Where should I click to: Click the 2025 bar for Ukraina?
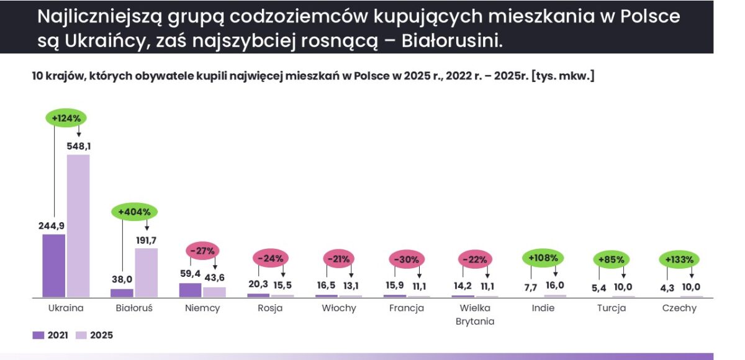pos(78,226)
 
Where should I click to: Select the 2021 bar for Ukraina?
pos(54,266)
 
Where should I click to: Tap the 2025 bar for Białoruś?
pos(147,272)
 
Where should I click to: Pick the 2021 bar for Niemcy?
pos(190,290)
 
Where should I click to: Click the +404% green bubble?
pos(134,212)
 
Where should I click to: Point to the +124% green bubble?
pos(66,118)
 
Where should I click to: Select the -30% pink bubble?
pos(407,259)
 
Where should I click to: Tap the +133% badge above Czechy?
pos(679,259)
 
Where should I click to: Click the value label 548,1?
pos(78,146)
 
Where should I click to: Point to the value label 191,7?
pos(146,240)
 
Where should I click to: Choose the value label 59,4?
pos(190,274)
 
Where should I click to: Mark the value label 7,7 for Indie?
pos(531,287)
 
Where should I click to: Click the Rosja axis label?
pos(270,308)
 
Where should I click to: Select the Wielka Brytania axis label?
pos(475,315)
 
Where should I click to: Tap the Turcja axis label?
pos(612,308)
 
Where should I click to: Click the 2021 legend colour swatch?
pos(38,335)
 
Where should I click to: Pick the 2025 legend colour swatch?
pos(81,335)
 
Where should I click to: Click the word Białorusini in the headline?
pos(452,41)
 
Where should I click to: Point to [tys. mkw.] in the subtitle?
pos(562,76)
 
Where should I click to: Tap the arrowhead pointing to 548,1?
pos(79,135)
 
